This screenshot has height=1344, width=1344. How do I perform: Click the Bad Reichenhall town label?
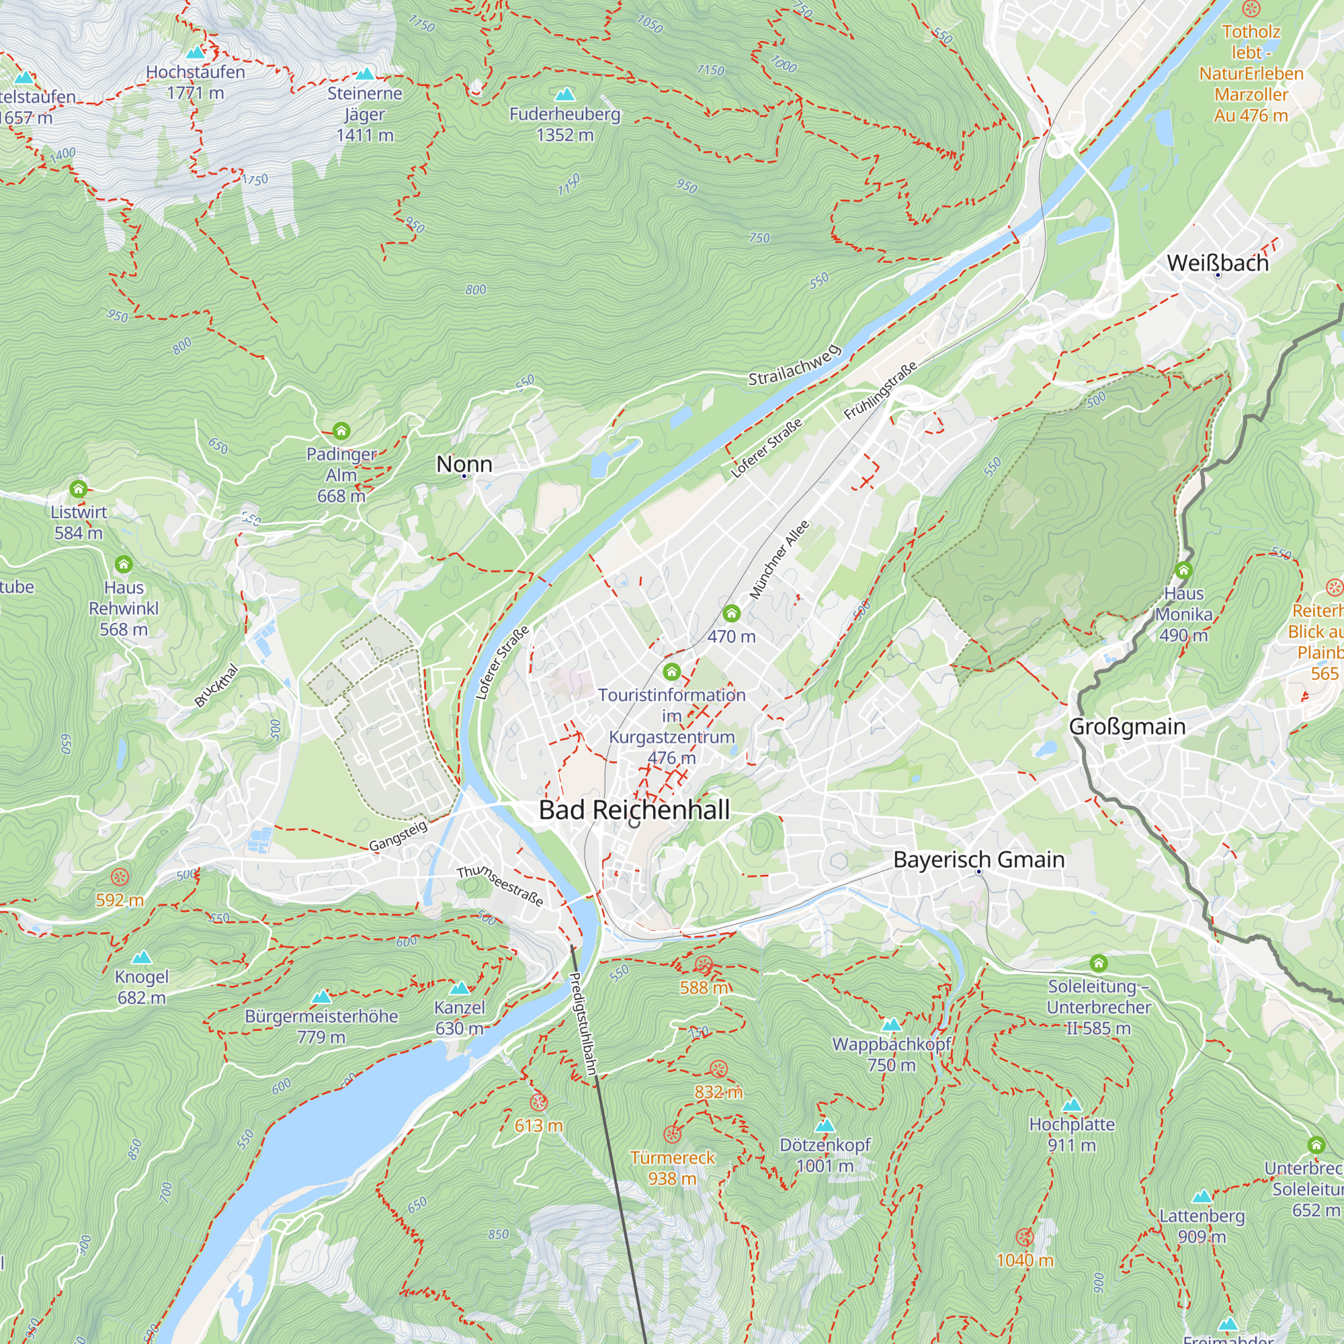tap(634, 810)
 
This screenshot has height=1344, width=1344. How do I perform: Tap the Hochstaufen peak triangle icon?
tap(196, 52)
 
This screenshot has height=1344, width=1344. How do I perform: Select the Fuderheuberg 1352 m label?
tap(564, 124)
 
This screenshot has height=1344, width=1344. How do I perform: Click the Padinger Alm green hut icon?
tap(341, 431)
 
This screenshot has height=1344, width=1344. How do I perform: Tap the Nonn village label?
tap(464, 464)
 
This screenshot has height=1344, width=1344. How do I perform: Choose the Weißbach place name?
tap(1218, 263)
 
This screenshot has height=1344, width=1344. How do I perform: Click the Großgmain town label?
tap(1127, 726)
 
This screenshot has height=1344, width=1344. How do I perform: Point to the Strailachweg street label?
tap(794, 365)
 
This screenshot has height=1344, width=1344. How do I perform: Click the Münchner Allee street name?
tap(779, 560)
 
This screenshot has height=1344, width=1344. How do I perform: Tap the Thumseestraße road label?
tap(499, 886)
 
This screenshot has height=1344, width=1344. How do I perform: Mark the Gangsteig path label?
tap(398, 835)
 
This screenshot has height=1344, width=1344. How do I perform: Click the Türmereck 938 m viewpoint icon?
tap(672, 1134)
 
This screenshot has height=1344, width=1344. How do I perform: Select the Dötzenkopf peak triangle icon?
tap(825, 1125)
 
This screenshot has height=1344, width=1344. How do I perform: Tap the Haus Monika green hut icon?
tap(1183, 571)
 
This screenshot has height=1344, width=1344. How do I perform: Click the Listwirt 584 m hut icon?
tap(79, 489)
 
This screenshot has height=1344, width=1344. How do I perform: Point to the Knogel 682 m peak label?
tap(141, 986)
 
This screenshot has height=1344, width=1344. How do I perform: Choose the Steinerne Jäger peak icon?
tap(364, 74)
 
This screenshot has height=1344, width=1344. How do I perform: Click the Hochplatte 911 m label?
tap(1071, 1134)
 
